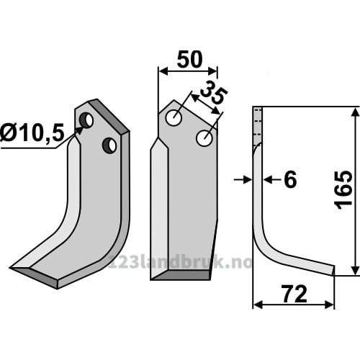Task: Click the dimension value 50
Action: (189, 59)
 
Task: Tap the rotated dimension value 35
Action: (213, 93)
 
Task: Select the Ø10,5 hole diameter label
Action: (32, 132)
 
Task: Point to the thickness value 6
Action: (290, 179)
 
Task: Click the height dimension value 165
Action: (343, 190)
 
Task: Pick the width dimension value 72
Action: (295, 294)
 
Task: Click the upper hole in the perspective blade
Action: (86, 120)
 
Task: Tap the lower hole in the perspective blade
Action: (109, 145)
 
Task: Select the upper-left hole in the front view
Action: (174, 118)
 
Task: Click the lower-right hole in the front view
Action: (204, 138)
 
